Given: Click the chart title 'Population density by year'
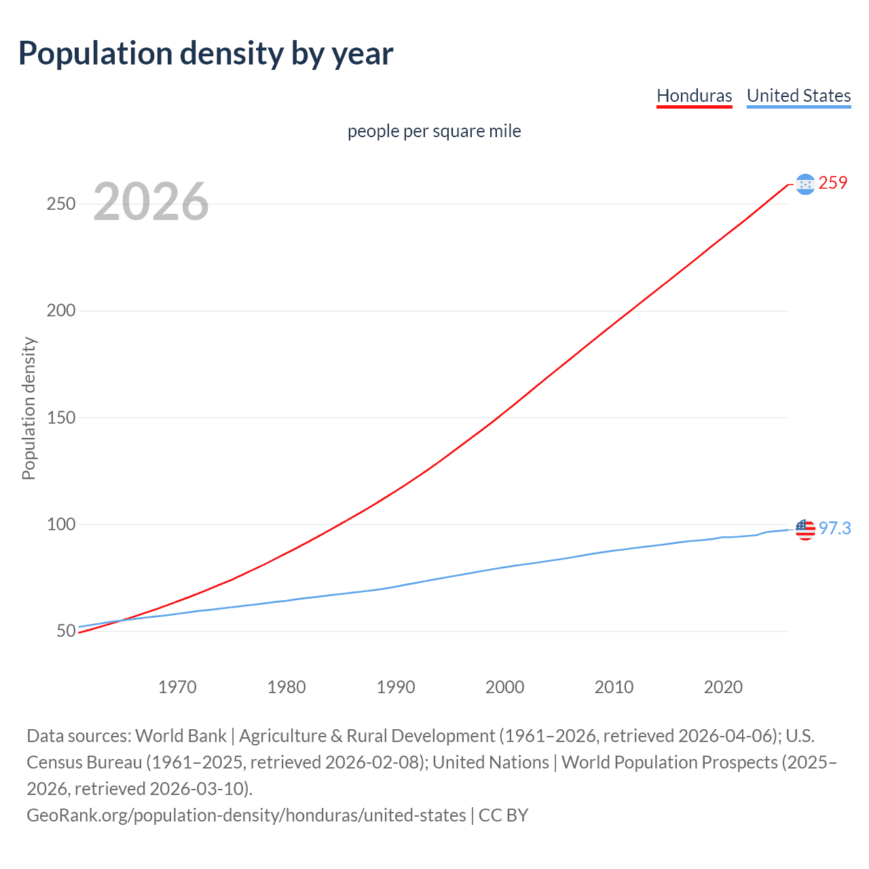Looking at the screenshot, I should (206, 54).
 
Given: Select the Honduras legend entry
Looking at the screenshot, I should (694, 96).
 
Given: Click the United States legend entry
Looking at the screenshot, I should (798, 96).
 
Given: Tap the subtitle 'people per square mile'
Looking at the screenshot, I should (434, 131).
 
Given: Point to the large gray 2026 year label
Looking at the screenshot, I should (151, 202).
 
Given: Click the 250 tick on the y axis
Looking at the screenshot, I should (61, 204).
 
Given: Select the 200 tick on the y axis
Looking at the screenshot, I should (61, 311).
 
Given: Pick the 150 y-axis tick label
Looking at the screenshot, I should (61, 418).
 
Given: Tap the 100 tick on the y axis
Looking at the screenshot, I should (61, 524).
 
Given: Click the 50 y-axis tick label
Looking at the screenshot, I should (66, 631).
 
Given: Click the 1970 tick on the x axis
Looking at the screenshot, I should (177, 687).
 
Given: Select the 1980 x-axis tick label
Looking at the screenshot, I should (286, 687).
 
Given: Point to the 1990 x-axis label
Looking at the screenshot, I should (396, 687).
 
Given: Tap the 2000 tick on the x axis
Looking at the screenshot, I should (504, 687).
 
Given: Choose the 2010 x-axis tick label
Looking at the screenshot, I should (614, 687).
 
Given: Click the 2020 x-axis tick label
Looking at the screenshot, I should (723, 687).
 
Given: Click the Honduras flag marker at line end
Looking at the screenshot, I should (805, 184).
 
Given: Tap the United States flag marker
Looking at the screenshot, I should (805, 529).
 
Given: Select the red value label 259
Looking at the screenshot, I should (833, 183).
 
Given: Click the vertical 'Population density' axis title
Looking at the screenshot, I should (29, 409).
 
